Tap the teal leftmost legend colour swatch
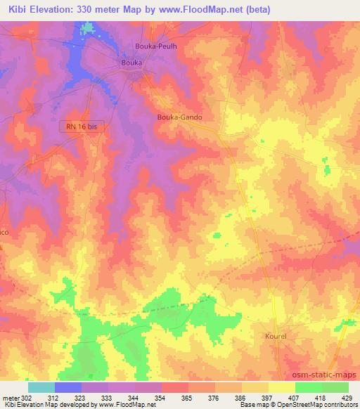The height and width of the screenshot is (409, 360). pyautogui.click(x=41, y=387)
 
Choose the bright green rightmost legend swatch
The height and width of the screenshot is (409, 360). pyautogui.click(x=335, y=387)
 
